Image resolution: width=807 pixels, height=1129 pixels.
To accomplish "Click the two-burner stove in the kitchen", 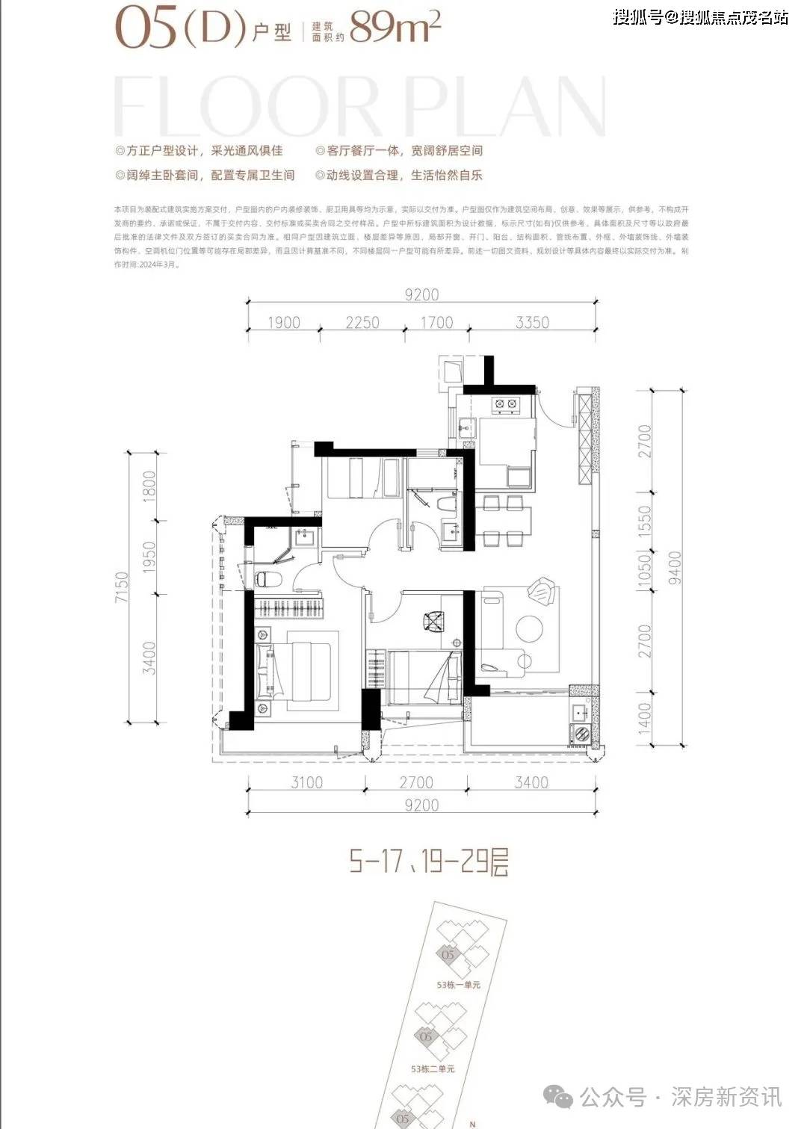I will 505,405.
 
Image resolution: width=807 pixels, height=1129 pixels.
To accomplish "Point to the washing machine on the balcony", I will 580,734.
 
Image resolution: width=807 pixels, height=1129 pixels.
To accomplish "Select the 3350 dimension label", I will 532,323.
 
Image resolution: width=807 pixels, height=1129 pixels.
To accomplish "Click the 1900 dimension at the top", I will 283,323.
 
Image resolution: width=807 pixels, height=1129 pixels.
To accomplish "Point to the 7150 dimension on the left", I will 122,587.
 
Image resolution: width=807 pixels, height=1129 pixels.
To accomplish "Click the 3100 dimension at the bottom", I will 306,782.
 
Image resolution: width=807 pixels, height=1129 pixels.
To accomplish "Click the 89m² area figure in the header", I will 395,28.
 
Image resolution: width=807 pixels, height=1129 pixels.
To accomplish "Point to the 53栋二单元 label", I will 433,1069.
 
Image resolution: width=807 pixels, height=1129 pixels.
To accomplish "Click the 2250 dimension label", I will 362,323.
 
